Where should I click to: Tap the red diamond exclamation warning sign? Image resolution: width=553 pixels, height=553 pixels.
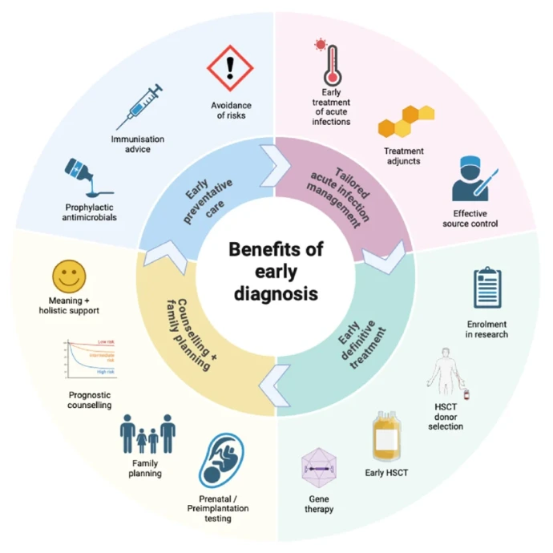230,70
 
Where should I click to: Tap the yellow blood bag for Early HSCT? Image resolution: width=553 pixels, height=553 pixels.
386,435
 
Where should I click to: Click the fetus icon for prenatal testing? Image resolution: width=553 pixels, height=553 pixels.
222,462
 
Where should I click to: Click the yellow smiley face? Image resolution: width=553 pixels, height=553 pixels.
69,276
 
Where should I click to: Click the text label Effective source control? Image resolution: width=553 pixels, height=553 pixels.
476,218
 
